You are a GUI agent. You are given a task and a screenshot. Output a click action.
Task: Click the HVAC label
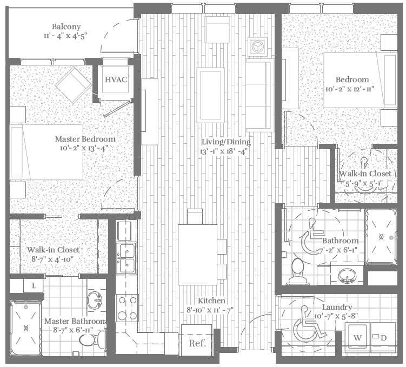116,80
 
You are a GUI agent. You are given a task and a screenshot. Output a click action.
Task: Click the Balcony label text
66,27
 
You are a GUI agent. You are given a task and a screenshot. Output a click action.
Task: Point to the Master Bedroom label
85,139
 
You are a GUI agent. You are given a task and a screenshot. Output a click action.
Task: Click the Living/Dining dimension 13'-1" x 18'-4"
225,152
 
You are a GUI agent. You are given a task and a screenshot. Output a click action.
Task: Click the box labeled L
34,285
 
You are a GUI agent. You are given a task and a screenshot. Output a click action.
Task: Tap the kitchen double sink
126,258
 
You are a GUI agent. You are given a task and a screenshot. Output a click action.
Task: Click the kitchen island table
197,255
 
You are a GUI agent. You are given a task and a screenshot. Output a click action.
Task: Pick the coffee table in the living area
210,95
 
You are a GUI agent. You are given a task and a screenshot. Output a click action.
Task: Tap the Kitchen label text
211,301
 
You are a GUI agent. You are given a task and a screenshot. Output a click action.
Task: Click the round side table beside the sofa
256,46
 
